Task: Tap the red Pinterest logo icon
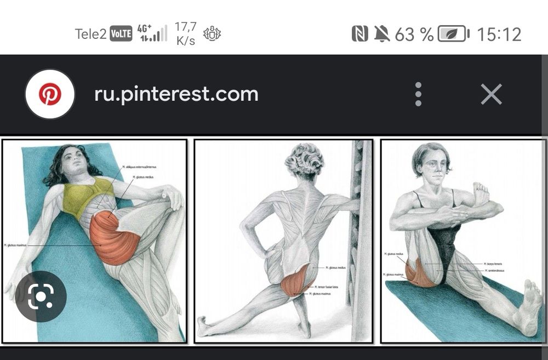click(x=50, y=94)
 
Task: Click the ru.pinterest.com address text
click(x=176, y=94)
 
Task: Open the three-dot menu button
click(x=418, y=94)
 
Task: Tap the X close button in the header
click(x=491, y=94)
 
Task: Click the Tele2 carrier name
click(x=90, y=34)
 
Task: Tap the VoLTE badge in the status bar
click(x=121, y=34)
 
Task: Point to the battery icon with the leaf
click(x=454, y=34)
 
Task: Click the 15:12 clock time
click(x=499, y=34)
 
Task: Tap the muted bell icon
click(x=381, y=34)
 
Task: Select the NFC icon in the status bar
click(x=359, y=34)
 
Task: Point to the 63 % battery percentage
click(x=414, y=34)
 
